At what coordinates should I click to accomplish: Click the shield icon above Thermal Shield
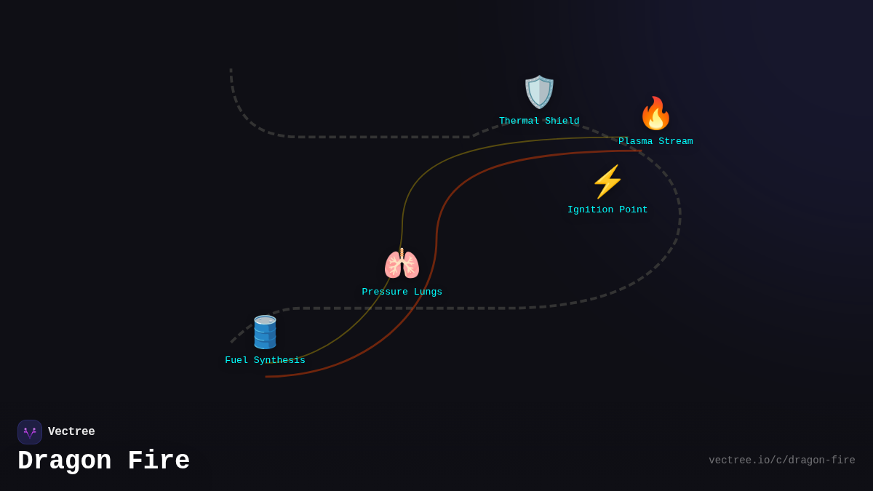click(539, 92)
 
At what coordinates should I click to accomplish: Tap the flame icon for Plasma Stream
click(655, 113)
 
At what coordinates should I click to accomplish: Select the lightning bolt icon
click(607, 182)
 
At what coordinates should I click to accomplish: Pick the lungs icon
click(402, 264)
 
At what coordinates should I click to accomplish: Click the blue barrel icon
click(265, 332)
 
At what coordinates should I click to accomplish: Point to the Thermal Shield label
click(539, 121)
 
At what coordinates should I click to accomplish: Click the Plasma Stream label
click(655, 142)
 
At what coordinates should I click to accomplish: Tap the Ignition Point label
click(607, 210)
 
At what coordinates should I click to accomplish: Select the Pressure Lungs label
click(402, 292)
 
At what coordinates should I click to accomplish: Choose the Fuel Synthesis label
click(265, 361)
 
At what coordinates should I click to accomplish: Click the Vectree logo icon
click(30, 432)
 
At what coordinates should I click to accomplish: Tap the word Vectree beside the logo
click(71, 432)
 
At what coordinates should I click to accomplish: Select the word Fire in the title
click(159, 461)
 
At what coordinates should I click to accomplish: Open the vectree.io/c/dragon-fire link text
click(781, 460)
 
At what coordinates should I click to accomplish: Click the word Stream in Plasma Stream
click(676, 142)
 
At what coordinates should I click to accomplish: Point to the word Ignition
click(590, 210)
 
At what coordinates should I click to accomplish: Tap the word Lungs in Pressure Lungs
click(428, 292)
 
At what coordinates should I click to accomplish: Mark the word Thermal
click(519, 121)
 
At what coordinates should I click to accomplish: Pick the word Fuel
click(236, 361)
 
